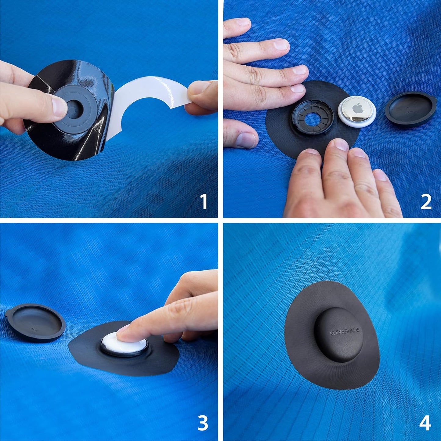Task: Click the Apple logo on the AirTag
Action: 358,108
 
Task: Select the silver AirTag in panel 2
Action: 357,111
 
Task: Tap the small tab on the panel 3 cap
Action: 8,313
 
